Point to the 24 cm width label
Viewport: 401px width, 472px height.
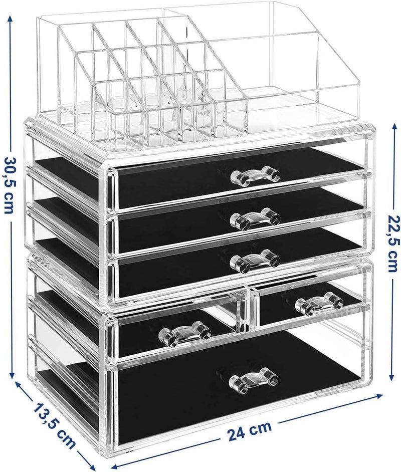pyautogui.click(x=249, y=430)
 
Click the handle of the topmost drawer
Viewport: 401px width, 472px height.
pyautogui.click(x=255, y=175)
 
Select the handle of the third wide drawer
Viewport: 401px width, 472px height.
pyautogui.click(x=255, y=260)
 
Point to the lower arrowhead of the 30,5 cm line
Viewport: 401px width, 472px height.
pyautogui.click(x=11, y=376)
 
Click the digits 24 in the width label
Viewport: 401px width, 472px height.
pyautogui.click(x=238, y=432)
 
